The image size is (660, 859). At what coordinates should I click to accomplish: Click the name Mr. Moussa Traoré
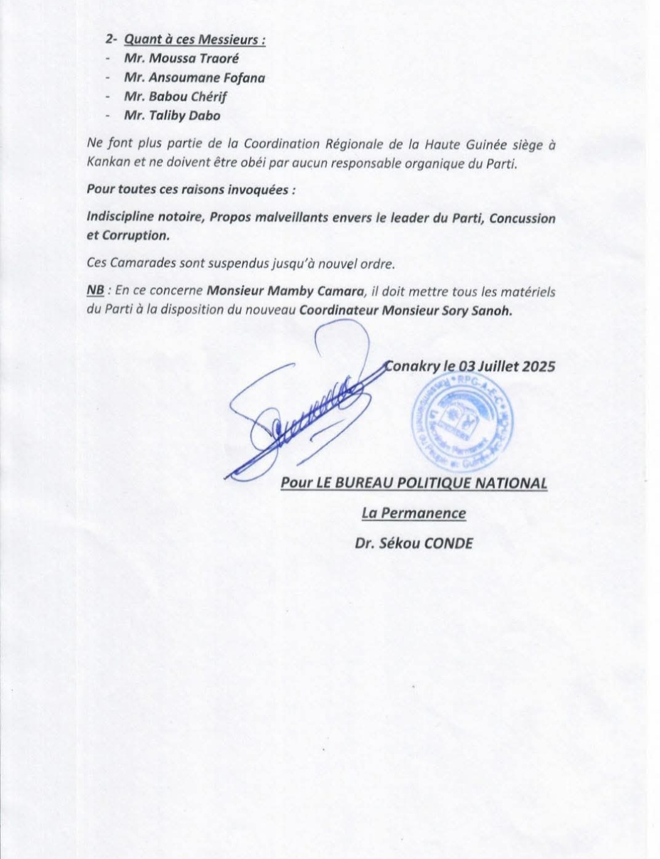tap(181, 59)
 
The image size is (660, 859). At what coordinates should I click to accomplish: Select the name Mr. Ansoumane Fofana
tap(194, 78)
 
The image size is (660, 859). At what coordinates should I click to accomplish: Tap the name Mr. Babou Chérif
tap(175, 97)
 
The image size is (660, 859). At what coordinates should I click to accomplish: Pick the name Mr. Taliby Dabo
tap(172, 116)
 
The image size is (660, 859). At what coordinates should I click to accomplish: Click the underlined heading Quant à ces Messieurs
tap(194, 40)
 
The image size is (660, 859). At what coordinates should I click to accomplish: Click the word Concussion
tap(522, 218)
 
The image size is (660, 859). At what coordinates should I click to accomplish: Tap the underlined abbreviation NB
tap(95, 292)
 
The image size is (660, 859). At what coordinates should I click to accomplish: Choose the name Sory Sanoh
tap(482, 309)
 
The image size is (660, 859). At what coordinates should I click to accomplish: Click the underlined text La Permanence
tap(414, 514)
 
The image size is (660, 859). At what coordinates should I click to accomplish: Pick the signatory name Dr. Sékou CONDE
tap(414, 544)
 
